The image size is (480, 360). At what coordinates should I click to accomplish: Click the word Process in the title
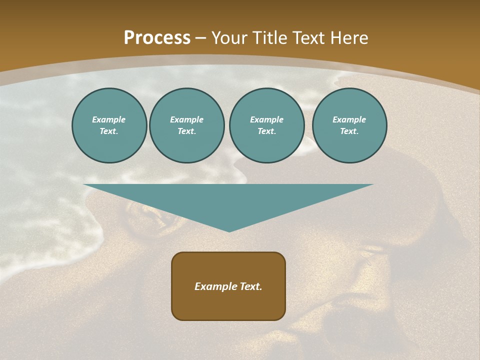coord(157,38)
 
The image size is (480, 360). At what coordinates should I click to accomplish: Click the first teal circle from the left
coord(109,125)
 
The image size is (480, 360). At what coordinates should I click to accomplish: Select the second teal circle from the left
coord(187,125)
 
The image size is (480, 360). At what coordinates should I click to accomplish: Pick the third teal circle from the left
coord(267,125)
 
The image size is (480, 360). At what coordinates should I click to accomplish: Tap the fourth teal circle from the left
coord(349,125)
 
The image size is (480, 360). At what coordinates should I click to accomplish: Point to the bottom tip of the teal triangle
coord(229,231)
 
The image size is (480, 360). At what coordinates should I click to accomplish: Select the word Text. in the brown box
coord(251,286)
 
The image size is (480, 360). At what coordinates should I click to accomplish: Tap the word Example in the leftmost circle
coord(109,119)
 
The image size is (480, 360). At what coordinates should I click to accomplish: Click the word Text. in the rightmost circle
coord(349,131)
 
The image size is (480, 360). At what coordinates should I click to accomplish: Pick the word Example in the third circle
coord(267,119)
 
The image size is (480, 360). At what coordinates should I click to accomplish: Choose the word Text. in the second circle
coord(187,131)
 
